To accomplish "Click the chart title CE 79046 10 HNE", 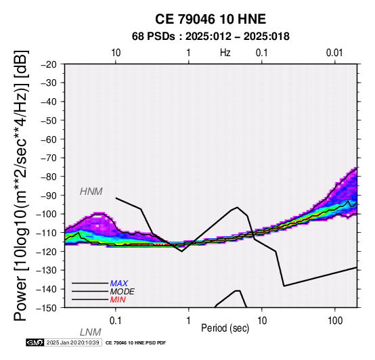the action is pos(211,19).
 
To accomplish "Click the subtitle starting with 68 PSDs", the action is pos(211,37).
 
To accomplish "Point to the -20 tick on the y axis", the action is pos(49,64).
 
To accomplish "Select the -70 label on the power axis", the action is pos(49,158).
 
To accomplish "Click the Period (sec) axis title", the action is pos(225,328).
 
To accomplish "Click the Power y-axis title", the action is pos(21,186).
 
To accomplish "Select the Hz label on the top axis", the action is pos(225,53).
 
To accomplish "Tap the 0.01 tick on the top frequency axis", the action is pos(334,53).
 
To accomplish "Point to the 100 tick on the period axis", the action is pos(335,321).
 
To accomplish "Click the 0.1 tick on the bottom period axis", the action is pos(116,321).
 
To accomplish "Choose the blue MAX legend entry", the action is pos(119,284).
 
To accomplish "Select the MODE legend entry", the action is pos(123,292).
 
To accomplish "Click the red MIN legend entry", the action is pos(118,300).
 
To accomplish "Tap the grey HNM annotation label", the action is pos(91,192).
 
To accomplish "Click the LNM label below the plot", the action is pos(91,332).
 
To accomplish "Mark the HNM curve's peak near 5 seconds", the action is pos(237,207).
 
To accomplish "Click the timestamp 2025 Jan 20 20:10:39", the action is pos(72,342).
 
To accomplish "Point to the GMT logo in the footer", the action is pos(35,342).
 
